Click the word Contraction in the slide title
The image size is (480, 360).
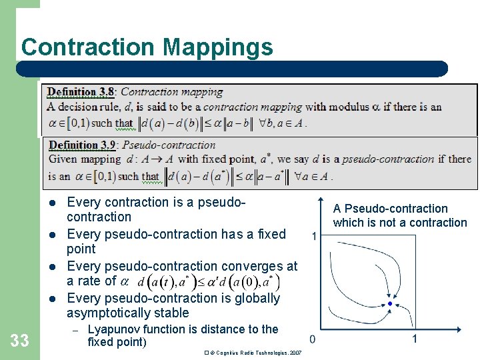89,47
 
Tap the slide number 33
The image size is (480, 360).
20,341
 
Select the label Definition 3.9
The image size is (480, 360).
82,145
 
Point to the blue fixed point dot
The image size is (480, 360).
390,304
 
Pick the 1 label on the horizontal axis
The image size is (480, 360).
414,339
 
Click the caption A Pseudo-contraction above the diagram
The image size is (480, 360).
391,209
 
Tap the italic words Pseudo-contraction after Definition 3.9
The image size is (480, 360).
169,145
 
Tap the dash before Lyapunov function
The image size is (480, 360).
75,330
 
